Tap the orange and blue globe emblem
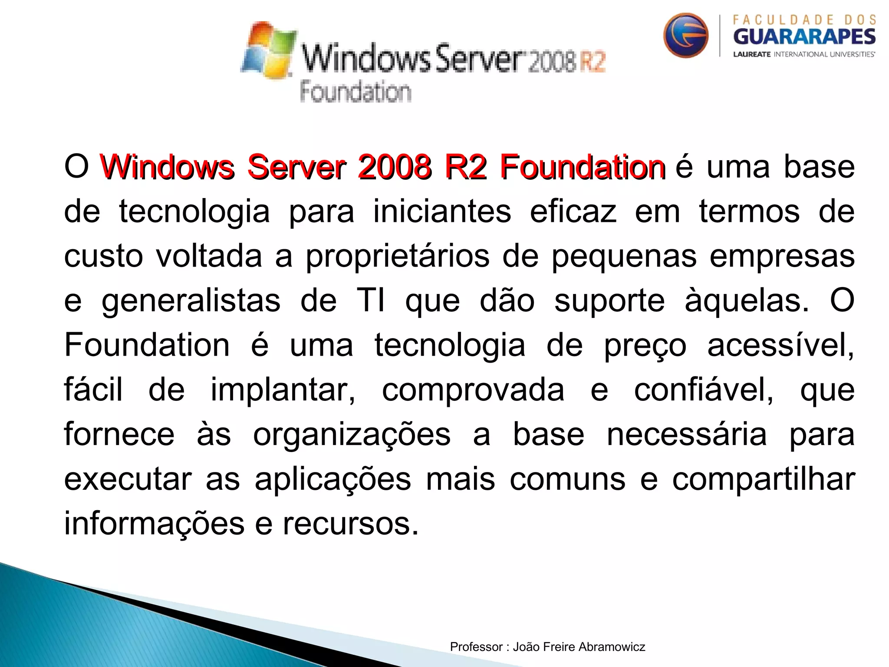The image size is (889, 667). tap(685, 35)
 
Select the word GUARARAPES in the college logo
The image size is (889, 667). tap(804, 37)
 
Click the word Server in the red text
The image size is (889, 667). tap(296, 167)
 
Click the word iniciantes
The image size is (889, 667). tap(442, 211)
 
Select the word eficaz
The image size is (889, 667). tap(573, 211)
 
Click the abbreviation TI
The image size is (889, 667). tap(371, 300)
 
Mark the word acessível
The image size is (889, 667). tap(780, 345)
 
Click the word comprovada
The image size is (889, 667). tap(473, 390)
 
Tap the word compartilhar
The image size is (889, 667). tap(764, 480)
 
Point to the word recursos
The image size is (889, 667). tap(351, 524)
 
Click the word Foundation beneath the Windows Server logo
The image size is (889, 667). tap(356, 92)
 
